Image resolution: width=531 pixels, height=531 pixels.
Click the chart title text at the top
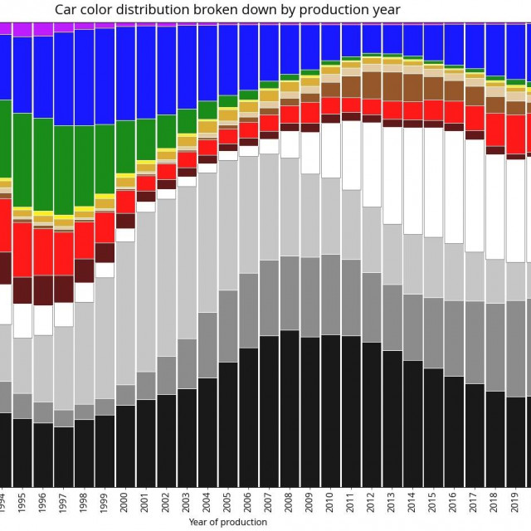pyautogui.click(x=227, y=10)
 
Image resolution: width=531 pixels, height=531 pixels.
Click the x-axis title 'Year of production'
pyautogui.click(x=227, y=522)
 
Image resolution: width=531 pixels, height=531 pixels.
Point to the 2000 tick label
pyautogui.click(x=125, y=503)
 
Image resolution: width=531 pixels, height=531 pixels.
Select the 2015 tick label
pyautogui.click(x=433, y=503)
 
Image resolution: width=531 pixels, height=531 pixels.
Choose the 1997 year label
pyautogui.click(x=64, y=503)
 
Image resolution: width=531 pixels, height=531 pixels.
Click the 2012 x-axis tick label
pyautogui.click(x=372, y=503)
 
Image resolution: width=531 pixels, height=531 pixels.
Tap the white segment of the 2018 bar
pyautogui.click(x=494, y=207)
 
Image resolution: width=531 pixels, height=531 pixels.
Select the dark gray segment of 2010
pyautogui.click(x=330, y=294)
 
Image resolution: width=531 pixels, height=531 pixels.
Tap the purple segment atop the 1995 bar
pyautogui.click(x=22, y=30)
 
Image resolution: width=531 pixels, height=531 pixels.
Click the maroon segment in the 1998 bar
pyautogui.click(x=84, y=270)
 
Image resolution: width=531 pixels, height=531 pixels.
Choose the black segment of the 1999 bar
pyautogui.click(x=105, y=451)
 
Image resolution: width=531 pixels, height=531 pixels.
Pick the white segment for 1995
pyautogui.click(x=22, y=320)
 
